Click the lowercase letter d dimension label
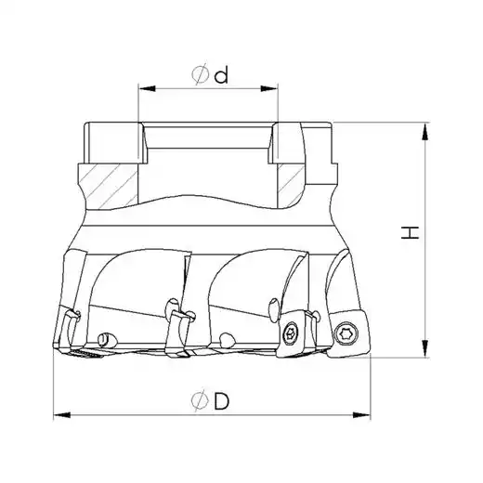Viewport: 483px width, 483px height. click(222, 75)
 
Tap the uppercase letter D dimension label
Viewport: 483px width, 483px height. click(222, 402)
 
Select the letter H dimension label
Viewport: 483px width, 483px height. click(410, 232)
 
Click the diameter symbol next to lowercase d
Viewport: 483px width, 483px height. click(200, 74)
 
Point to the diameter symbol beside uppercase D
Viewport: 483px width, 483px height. click(200, 401)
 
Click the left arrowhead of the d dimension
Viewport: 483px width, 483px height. click(147, 89)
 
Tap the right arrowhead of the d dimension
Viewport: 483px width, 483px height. click(269, 89)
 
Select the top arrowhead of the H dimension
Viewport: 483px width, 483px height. click(426, 131)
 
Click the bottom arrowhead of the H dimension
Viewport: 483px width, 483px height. click(426, 348)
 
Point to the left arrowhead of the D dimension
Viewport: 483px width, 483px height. click(62, 415)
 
